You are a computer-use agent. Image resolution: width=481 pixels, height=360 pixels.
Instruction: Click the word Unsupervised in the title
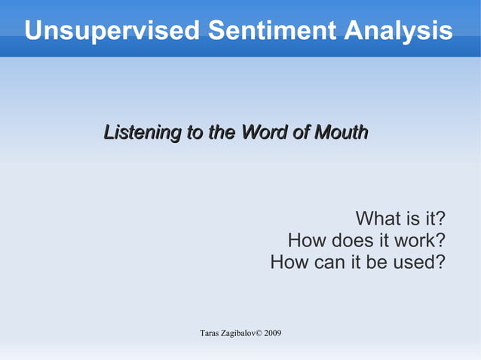point(112,31)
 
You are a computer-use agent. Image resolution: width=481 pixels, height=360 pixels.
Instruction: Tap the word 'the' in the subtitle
point(222,133)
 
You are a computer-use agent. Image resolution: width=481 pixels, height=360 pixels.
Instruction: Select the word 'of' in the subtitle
point(301,133)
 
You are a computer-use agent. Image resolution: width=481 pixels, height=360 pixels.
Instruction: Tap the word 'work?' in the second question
point(421,241)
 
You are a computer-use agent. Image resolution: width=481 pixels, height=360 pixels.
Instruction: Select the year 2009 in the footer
point(273,333)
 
